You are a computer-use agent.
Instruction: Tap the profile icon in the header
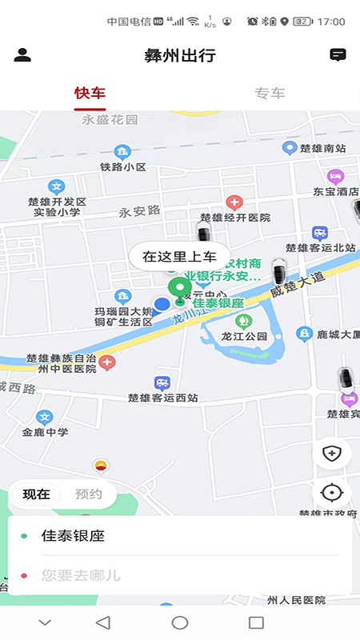22,55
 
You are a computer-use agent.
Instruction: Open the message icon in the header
338,55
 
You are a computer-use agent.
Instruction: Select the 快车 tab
90,93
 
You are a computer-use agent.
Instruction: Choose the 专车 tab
270,93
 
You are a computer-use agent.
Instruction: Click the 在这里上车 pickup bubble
179,257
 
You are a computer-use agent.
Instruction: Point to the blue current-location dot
162,304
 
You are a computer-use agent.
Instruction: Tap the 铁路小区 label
122,166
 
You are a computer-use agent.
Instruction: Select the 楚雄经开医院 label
235,217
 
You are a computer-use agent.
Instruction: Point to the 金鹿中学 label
45,432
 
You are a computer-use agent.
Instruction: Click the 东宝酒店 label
336,191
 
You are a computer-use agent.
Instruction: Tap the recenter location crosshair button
332,493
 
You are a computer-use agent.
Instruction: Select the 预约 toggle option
89,494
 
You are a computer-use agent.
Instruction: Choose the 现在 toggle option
37,494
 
